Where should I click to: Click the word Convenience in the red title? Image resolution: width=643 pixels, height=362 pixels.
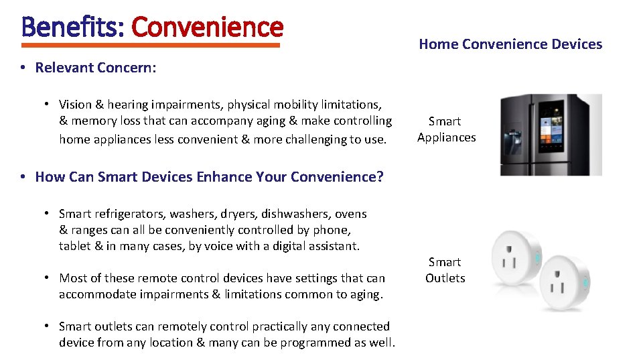(x=208, y=27)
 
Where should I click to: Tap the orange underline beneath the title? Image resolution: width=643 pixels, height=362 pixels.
(x=151, y=46)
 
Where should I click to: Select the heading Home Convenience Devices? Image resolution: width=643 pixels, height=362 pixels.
(x=510, y=44)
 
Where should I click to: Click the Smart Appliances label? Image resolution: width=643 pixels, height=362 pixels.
(x=446, y=129)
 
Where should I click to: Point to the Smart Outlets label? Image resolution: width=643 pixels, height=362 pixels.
(x=445, y=270)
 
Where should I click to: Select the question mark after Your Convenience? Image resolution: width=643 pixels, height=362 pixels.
(x=380, y=177)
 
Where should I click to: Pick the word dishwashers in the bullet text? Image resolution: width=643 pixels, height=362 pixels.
(x=291, y=214)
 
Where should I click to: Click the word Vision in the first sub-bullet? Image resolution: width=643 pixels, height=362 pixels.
(x=75, y=105)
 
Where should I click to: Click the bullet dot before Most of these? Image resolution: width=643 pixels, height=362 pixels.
(x=48, y=278)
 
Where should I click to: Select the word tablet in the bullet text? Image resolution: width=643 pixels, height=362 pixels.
(x=74, y=246)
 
